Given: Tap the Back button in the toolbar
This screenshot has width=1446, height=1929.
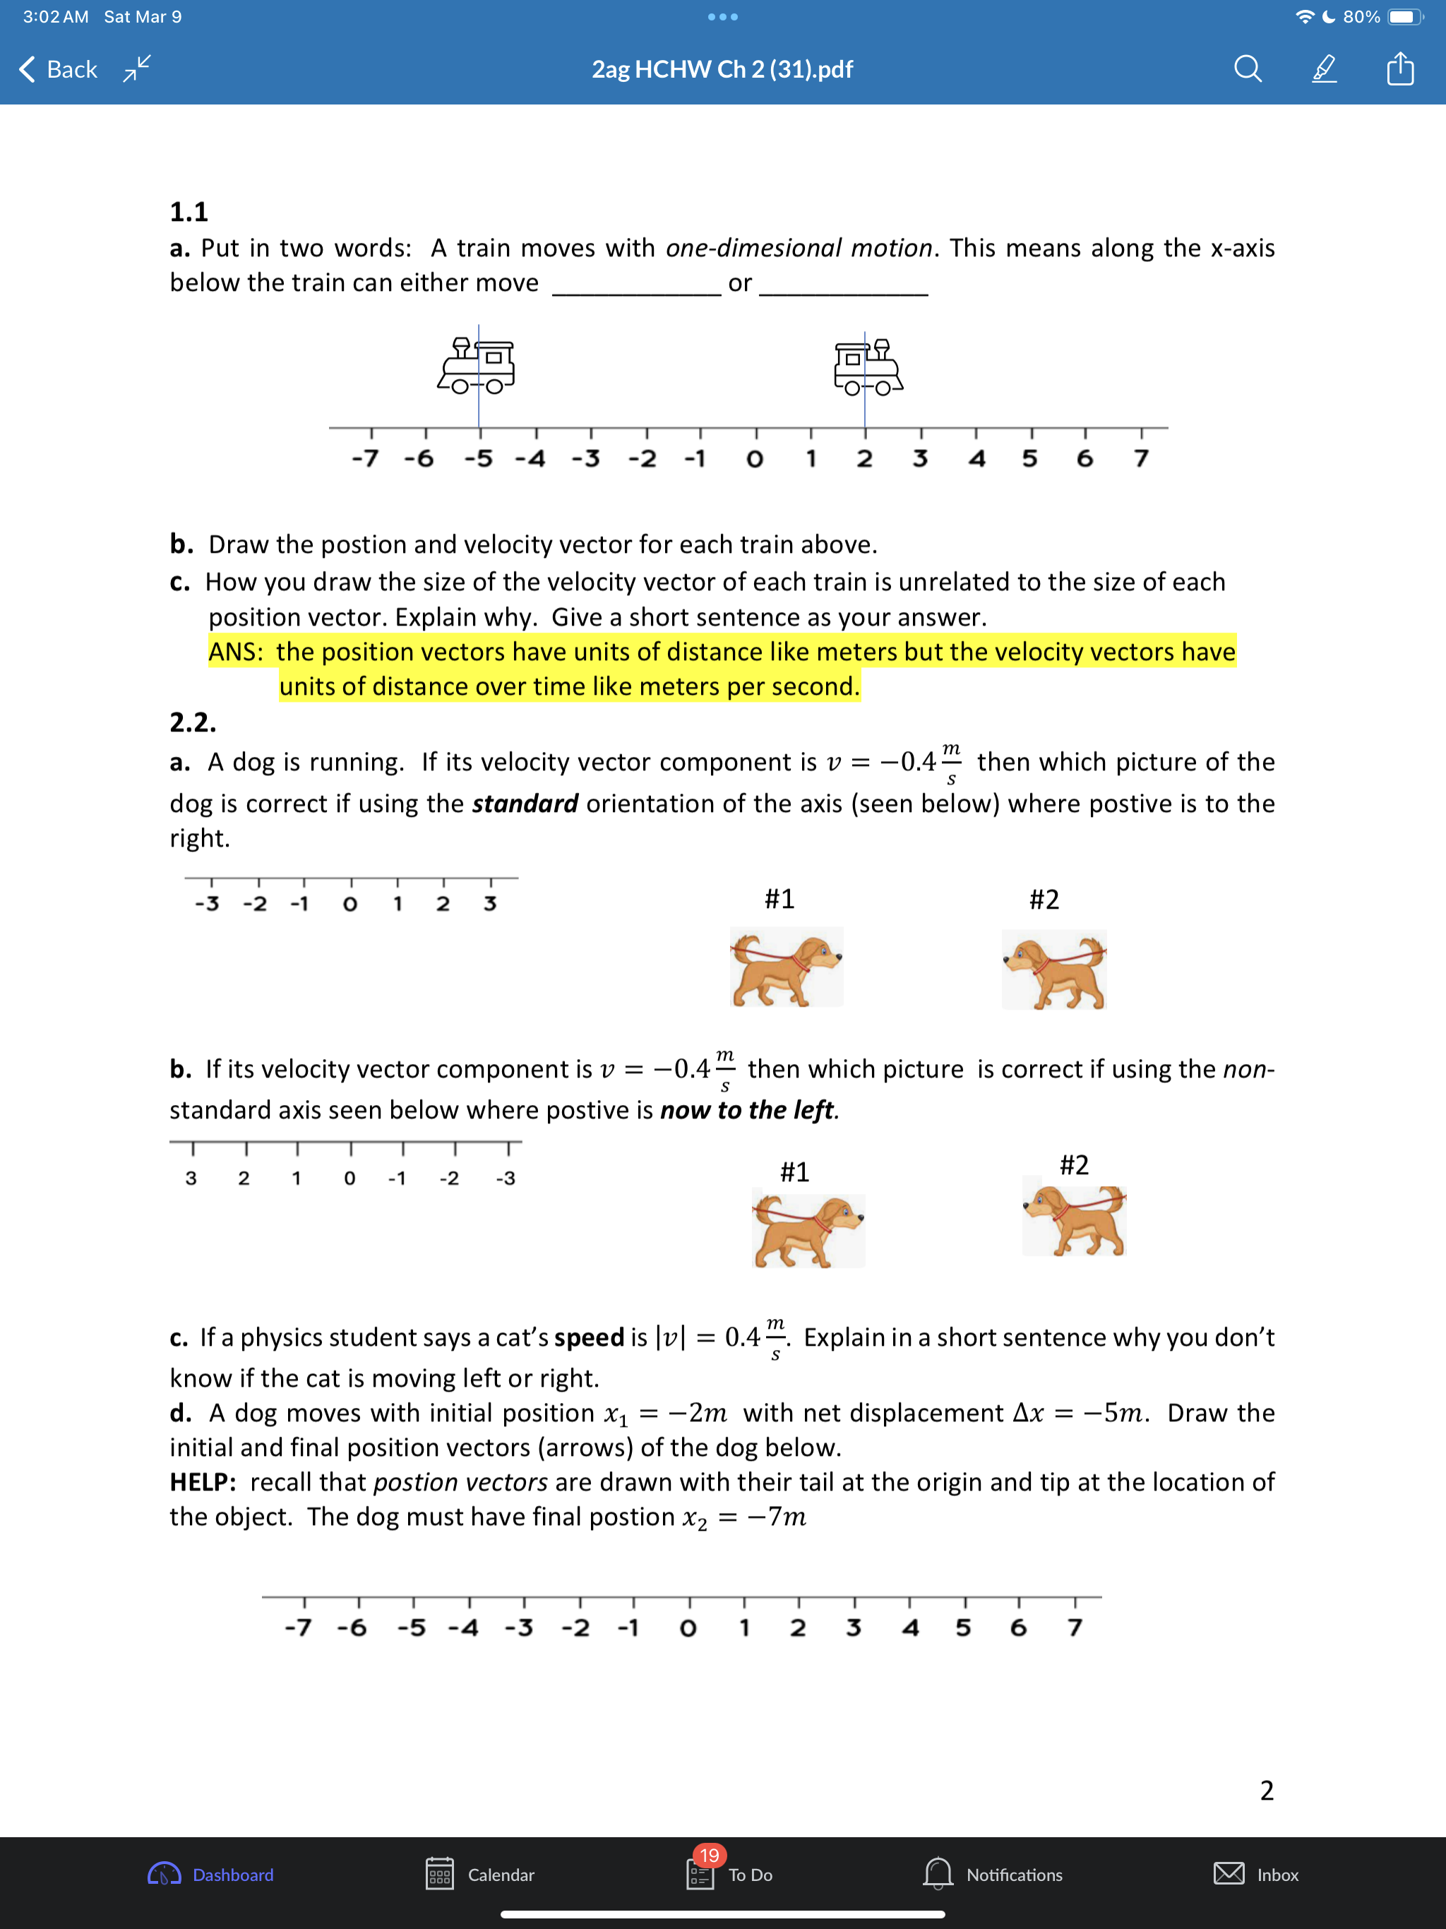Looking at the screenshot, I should [x=59, y=69].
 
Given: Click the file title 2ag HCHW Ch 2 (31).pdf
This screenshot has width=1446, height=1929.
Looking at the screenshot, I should [x=722, y=69].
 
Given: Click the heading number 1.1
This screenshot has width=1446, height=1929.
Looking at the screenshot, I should [x=189, y=212].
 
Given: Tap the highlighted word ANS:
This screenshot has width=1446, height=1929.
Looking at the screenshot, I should [x=236, y=652].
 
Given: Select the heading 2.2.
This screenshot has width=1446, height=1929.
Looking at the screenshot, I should [x=193, y=722].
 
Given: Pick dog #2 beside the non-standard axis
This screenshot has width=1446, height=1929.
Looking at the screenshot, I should [x=1075, y=1220].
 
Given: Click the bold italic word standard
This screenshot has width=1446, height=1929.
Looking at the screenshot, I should [x=525, y=804].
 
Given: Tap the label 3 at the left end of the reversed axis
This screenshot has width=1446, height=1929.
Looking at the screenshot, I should [x=191, y=1178].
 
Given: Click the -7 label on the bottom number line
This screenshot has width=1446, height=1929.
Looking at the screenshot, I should [x=297, y=1628].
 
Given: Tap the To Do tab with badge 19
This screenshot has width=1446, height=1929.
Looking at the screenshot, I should [x=730, y=1874].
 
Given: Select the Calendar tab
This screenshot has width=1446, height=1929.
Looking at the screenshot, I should [x=481, y=1874].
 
